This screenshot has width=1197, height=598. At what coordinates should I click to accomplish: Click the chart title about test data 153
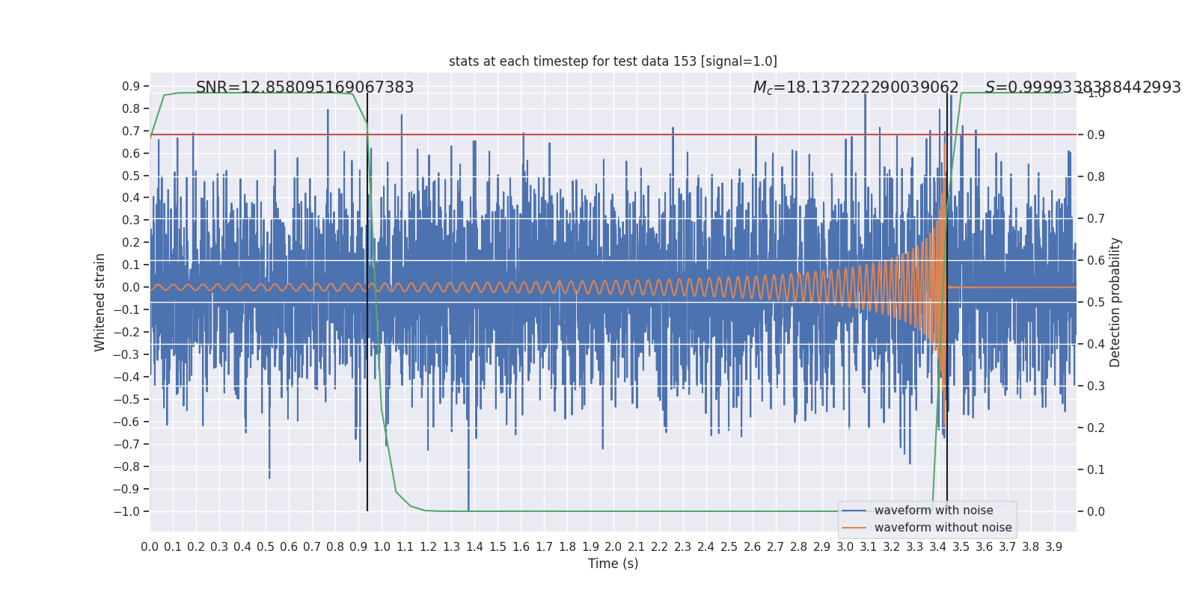pyautogui.click(x=613, y=61)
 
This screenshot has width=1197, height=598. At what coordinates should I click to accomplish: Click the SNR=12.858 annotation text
pyautogui.click(x=304, y=87)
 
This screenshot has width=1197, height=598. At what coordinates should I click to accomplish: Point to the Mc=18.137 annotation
pyautogui.click(x=855, y=87)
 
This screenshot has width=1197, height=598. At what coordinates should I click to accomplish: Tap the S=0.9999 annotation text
pyautogui.click(x=1082, y=87)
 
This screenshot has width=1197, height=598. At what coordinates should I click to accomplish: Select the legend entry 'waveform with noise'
pyautogui.click(x=933, y=511)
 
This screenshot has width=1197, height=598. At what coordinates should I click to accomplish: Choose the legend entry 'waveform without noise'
pyautogui.click(x=942, y=528)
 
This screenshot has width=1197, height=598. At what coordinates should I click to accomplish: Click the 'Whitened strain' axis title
pyautogui.click(x=100, y=302)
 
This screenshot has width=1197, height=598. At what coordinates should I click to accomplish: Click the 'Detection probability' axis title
pyautogui.click(x=1115, y=302)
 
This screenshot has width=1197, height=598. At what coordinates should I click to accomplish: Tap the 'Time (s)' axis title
pyautogui.click(x=613, y=564)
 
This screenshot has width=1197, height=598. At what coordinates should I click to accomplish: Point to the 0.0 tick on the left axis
pyautogui.click(x=131, y=288)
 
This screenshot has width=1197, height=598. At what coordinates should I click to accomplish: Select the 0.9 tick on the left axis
pyautogui.click(x=131, y=87)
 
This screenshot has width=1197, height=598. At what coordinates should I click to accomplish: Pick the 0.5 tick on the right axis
pyautogui.click(x=1096, y=303)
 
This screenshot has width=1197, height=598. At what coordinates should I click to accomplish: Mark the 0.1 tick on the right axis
pyautogui.click(x=1096, y=470)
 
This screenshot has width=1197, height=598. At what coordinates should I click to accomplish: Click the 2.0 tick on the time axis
pyautogui.click(x=613, y=547)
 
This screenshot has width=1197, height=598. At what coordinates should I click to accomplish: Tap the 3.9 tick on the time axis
pyautogui.click(x=1053, y=547)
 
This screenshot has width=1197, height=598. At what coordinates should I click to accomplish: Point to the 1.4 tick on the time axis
pyautogui.click(x=474, y=547)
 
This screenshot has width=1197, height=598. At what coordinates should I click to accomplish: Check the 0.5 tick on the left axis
pyautogui.click(x=131, y=176)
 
